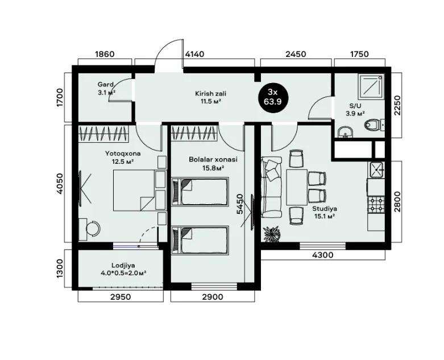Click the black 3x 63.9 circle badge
273,97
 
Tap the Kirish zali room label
211,93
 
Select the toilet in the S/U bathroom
372,125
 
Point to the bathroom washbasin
346,133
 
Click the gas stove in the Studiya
376,205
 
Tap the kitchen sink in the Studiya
376,170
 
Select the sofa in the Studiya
272,187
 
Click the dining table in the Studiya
297,187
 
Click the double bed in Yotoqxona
135,191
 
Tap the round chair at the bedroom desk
93,228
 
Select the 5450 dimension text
240,204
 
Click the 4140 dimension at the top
194,54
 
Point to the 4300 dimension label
323,255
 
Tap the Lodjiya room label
123,266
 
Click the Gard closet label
106,84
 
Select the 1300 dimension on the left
60,268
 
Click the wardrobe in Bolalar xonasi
195,133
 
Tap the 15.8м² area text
213,168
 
